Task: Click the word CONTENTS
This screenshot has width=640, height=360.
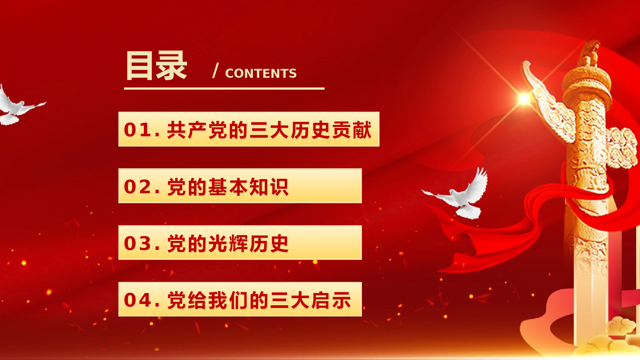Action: (x=261, y=73)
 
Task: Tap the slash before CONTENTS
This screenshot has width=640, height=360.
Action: (x=216, y=70)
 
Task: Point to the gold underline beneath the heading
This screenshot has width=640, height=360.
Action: (x=224, y=88)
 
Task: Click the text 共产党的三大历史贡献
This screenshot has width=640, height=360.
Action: (x=269, y=130)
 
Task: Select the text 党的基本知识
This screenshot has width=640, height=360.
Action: (x=228, y=187)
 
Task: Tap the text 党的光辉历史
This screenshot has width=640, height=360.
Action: (x=228, y=243)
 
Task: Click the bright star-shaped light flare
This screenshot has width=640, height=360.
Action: (x=524, y=98)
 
